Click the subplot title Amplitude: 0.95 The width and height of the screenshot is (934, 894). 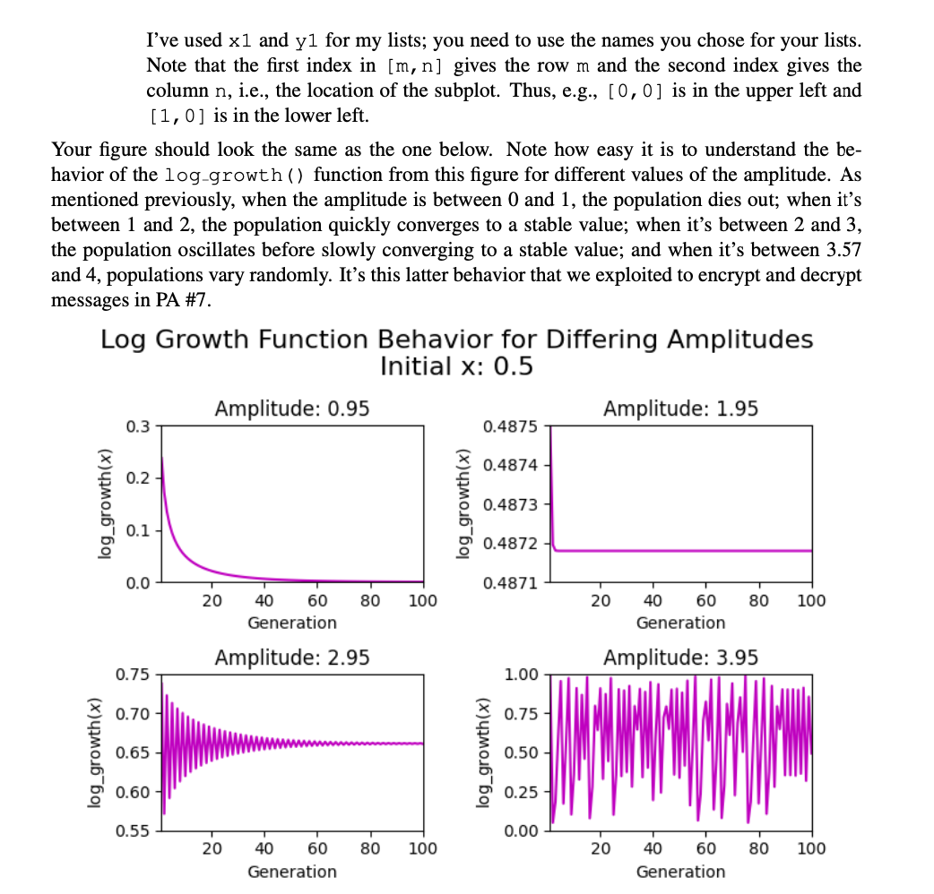pos(292,408)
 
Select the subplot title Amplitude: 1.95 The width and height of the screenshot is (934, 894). pos(680,408)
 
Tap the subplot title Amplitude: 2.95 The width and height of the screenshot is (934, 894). pos(292,658)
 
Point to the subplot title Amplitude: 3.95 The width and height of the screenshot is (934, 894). pos(680,658)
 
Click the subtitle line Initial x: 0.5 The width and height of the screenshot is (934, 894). pos(456,366)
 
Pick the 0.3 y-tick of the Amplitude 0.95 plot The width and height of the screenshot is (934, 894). pos(139,426)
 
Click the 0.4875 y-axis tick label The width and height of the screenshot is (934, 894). pos(509,426)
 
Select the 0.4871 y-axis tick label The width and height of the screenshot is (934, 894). pos(509,583)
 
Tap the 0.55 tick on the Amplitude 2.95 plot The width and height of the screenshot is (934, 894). pos(134,831)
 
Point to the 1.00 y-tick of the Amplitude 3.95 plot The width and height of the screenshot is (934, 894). pos(522,675)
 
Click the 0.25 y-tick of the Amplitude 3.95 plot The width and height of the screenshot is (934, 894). pos(522,792)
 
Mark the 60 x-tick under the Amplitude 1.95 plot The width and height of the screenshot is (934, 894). pos(705,600)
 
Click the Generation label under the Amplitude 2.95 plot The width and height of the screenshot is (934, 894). pos(292,872)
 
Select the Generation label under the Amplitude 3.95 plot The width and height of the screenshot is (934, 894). pos(680,872)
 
